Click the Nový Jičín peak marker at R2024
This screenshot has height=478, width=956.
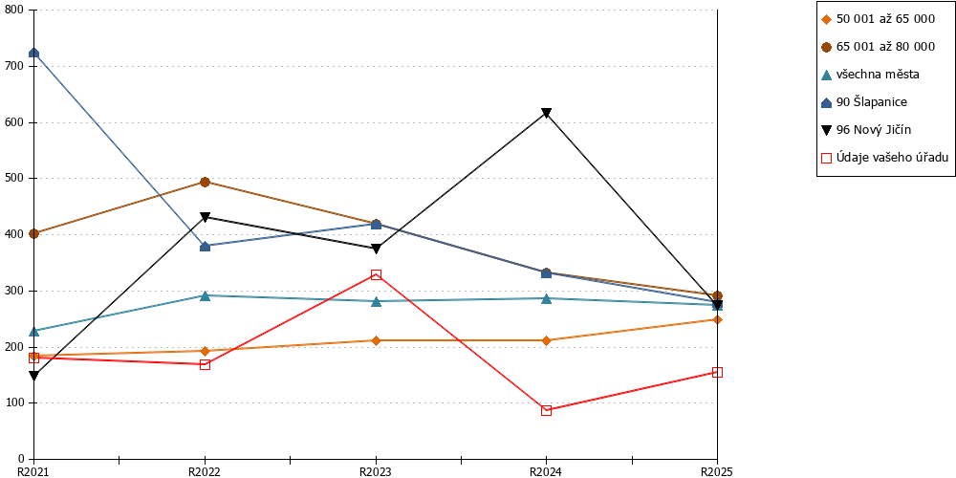(x=546, y=113)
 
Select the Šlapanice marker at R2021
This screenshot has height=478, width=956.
(x=34, y=53)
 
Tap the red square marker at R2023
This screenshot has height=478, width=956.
(x=376, y=275)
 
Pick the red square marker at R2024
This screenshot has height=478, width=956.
(x=546, y=410)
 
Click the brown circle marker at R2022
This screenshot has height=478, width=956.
(x=205, y=182)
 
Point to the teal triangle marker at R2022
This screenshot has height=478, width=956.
(x=205, y=295)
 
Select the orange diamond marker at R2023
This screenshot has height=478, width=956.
(x=376, y=340)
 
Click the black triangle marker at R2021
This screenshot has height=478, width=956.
(x=34, y=376)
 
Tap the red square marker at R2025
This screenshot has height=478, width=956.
(x=717, y=373)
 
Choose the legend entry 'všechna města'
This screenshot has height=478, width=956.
(x=870, y=75)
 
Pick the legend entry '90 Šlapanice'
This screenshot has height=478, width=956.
(x=864, y=102)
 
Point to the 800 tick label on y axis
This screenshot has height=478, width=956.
(x=14, y=11)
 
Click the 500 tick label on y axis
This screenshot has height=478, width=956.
(x=14, y=179)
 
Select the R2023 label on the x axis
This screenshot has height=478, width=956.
(x=376, y=471)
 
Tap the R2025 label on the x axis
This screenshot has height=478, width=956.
(x=716, y=471)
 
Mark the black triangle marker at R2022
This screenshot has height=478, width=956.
(x=205, y=217)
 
